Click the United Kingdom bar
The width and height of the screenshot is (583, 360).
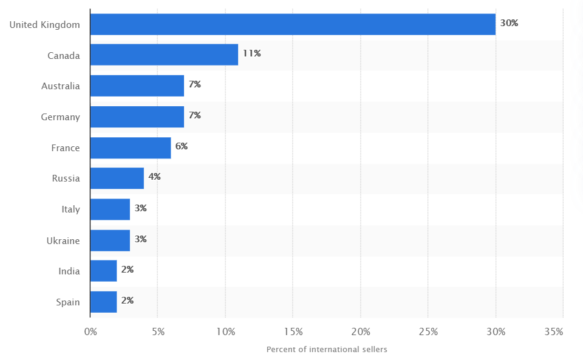(293, 24)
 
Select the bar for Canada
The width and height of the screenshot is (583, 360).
(164, 55)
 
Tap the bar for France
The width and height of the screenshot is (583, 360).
(131, 148)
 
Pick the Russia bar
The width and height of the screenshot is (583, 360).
(117, 178)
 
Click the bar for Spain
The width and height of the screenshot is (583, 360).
(103, 302)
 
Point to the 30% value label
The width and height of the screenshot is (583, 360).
(509, 23)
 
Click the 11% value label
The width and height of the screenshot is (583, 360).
(251, 53)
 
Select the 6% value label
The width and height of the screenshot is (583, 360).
(182, 146)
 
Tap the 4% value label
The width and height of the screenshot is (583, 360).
(154, 177)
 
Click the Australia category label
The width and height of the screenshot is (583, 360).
(61, 86)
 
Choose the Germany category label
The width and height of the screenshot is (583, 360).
(60, 117)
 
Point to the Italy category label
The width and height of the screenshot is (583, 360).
(70, 209)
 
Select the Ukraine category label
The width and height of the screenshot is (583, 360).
(63, 240)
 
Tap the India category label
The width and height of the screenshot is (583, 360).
(69, 271)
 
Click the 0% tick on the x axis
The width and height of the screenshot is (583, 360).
(90, 332)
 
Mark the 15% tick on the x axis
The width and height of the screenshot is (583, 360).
(293, 332)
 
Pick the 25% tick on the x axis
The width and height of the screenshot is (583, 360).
(428, 332)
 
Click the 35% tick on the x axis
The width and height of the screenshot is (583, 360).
(554, 332)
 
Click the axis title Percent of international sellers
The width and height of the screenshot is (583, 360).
(327, 350)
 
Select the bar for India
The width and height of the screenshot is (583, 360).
(103, 271)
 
